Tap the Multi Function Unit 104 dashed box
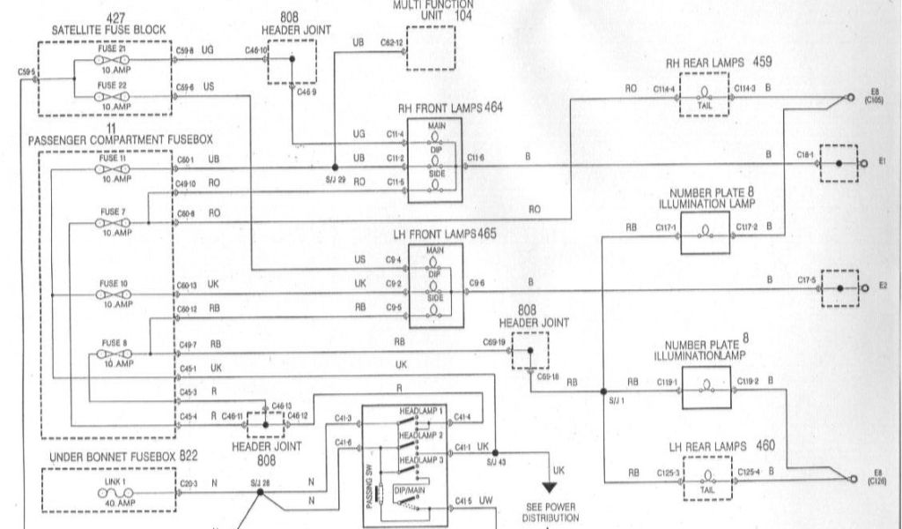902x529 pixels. tap(430, 48)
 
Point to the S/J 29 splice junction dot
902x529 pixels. tap(335, 167)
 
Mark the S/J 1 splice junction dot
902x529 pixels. tap(604, 391)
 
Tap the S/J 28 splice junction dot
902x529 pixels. tap(259, 494)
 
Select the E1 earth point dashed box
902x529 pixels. tap(839, 163)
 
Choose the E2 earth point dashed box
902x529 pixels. tap(839, 287)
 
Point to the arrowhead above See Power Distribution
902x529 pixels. tap(550, 486)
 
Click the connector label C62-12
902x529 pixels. tap(392, 41)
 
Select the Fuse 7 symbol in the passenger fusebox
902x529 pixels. tap(113, 222)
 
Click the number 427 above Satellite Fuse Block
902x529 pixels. tap(115, 18)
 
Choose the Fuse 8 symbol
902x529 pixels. tap(113, 354)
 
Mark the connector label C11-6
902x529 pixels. tap(476, 157)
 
